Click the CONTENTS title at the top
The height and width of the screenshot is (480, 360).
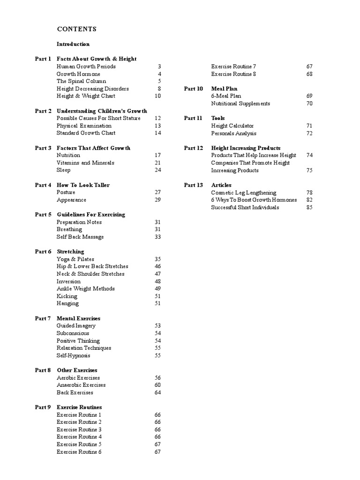click(x=77, y=29)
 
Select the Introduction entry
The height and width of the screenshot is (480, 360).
click(x=73, y=44)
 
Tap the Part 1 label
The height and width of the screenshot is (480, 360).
click(x=43, y=59)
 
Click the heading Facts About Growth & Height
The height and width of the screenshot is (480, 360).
click(x=97, y=59)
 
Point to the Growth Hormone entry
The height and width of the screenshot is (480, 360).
click(x=78, y=74)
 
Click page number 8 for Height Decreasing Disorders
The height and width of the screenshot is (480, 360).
click(x=159, y=89)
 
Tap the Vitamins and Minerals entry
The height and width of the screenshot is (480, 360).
click(x=85, y=163)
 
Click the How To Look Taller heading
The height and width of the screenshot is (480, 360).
click(x=83, y=185)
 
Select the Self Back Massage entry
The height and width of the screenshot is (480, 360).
click(x=80, y=237)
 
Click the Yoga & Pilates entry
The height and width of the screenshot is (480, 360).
click(x=75, y=259)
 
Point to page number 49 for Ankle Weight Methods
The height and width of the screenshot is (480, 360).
click(x=157, y=289)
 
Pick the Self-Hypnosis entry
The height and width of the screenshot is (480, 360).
click(x=74, y=355)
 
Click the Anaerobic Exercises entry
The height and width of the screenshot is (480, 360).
click(x=81, y=385)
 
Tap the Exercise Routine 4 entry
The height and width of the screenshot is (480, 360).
click(x=79, y=437)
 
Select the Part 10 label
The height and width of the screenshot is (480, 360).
click(x=194, y=89)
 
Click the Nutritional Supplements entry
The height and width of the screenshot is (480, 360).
click(x=240, y=104)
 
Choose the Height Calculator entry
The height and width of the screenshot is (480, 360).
click(x=232, y=126)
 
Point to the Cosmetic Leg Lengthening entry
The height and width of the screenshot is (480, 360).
click(x=244, y=193)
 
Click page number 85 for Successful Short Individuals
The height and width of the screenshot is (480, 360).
click(x=309, y=207)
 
